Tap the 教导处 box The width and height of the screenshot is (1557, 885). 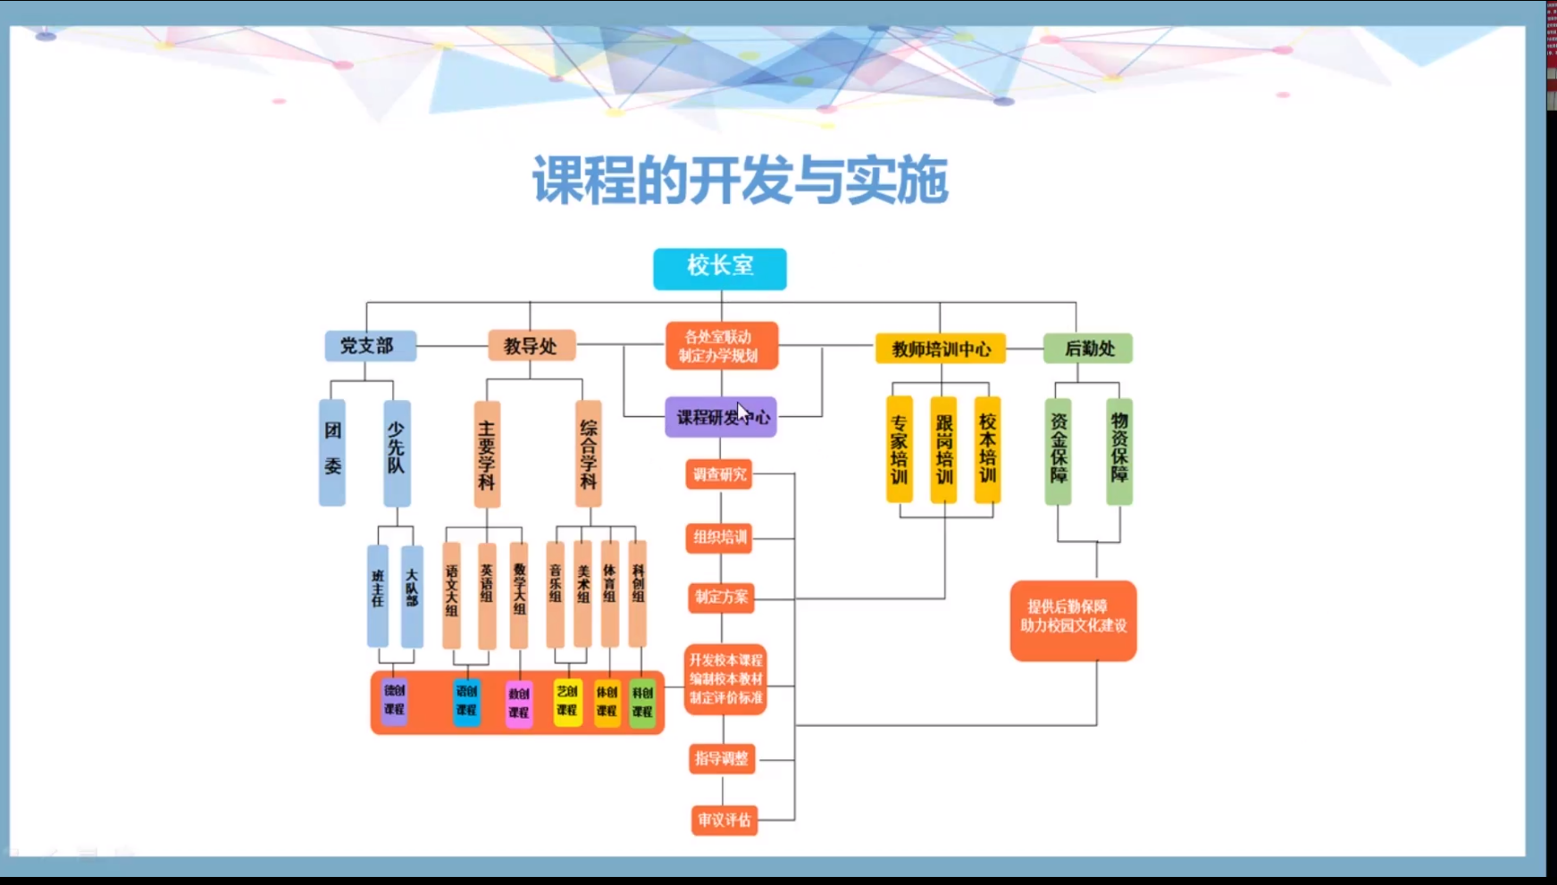[531, 346]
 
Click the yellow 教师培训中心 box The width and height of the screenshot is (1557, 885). [941, 348]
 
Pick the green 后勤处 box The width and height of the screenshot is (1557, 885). [1088, 348]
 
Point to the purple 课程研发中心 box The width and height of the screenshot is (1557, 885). [720, 417]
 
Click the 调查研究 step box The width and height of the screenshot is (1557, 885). [719, 474]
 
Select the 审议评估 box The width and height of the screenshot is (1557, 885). [724, 820]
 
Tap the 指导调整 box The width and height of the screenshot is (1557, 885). [722, 758]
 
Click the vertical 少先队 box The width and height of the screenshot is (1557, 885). [397, 452]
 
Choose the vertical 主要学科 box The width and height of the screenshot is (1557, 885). [487, 454]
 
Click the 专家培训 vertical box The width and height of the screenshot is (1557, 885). [899, 449]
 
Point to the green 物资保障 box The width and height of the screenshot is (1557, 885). [1119, 450]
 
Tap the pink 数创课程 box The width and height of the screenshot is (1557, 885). [519, 703]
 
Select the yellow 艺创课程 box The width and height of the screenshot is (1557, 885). [567, 701]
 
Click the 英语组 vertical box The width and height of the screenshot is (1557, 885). [487, 594]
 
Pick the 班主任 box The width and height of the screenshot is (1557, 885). [378, 594]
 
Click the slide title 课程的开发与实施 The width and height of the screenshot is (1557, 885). [740, 180]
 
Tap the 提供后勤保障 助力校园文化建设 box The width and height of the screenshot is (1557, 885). [1073, 620]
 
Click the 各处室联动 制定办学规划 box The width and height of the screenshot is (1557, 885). [720, 346]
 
